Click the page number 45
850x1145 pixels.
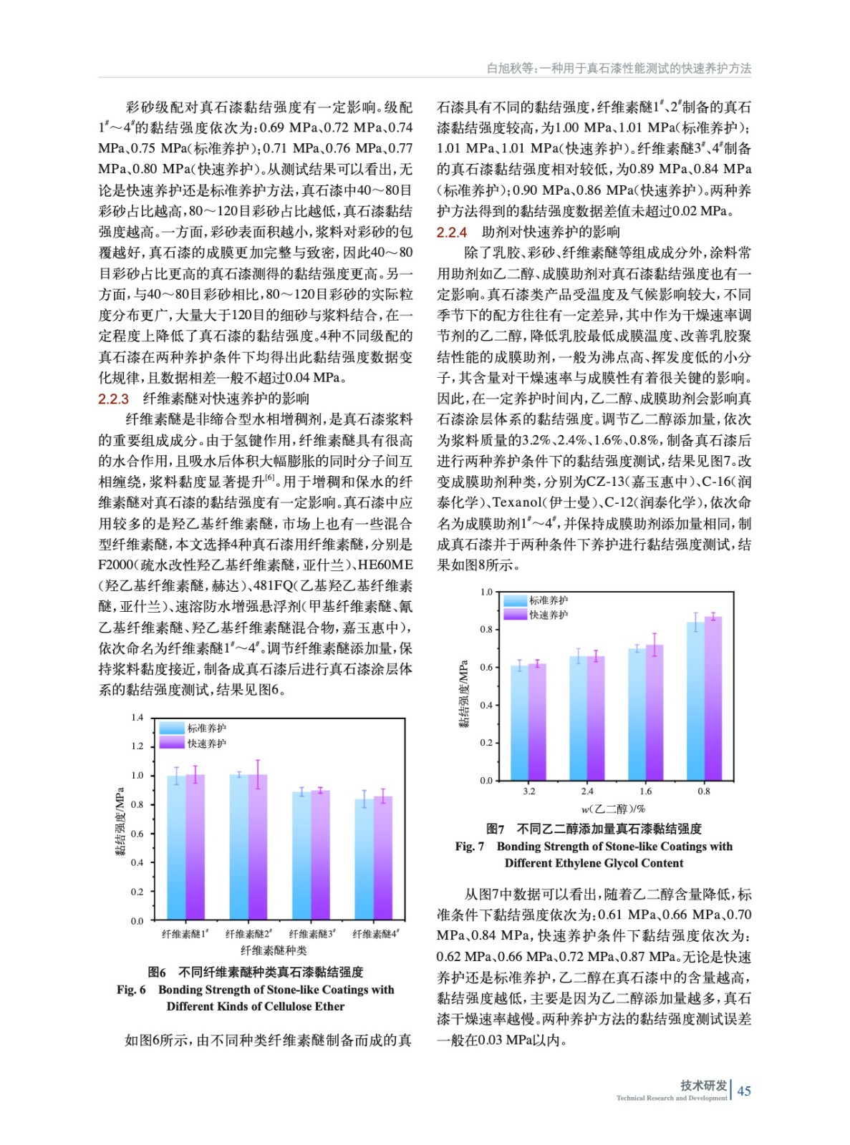point(744,1091)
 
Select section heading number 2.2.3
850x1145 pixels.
point(113,399)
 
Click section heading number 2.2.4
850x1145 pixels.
point(452,232)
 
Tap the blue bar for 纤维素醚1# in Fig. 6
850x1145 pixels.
point(176,848)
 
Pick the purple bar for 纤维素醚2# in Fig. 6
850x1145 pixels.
point(258,848)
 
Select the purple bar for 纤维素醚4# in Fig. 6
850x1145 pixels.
point(383,859)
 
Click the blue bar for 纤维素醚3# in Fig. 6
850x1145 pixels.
point(301,856)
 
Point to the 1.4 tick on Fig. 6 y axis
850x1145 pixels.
point(137,717)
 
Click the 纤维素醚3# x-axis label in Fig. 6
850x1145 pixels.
point(311,934)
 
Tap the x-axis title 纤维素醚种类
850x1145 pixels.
point(274,950)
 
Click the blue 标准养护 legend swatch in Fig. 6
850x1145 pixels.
point(172,728)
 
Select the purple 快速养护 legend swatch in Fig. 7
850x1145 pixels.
point(515,615)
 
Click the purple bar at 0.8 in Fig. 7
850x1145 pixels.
point(713,698)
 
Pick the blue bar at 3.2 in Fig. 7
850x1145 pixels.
point(519,723)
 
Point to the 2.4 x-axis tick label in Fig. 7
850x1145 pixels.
point(587,791)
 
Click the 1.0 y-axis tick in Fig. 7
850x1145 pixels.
point(486,592)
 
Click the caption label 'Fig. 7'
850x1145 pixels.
point(470,847)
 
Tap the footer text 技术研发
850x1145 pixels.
point(703,1085)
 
